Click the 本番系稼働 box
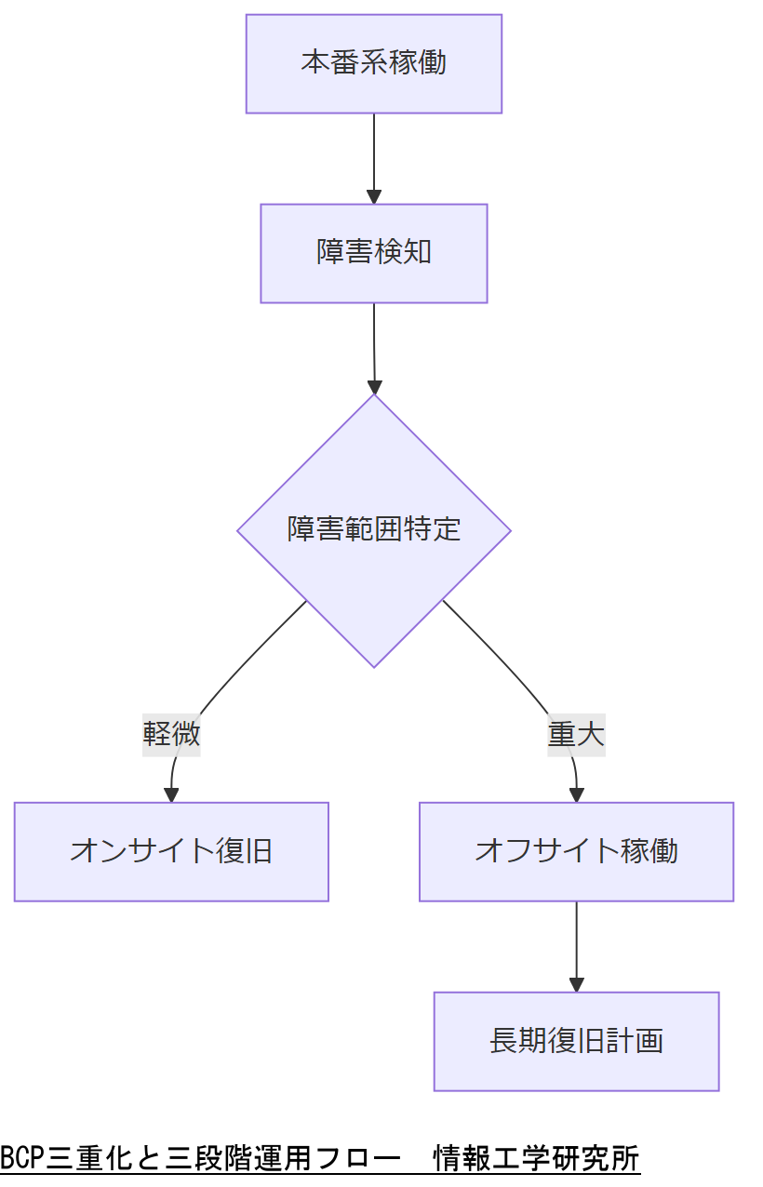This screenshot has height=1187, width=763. click(373, 63)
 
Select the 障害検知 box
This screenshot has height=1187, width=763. click(373, 253)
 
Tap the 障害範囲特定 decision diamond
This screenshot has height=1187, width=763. click(373, 530)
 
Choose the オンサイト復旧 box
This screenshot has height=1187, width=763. click(171, 851)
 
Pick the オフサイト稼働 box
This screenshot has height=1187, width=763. click(576, 851)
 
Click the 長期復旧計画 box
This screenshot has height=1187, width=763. click(576, 1041)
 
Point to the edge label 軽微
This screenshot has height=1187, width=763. click(171, 735)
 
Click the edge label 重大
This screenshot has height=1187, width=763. click(576, 735)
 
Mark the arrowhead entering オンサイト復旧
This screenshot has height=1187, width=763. click(171, 794)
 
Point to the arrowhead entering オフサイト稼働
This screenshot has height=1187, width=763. click(576, 794)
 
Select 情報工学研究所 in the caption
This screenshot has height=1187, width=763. click(537, 1159)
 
